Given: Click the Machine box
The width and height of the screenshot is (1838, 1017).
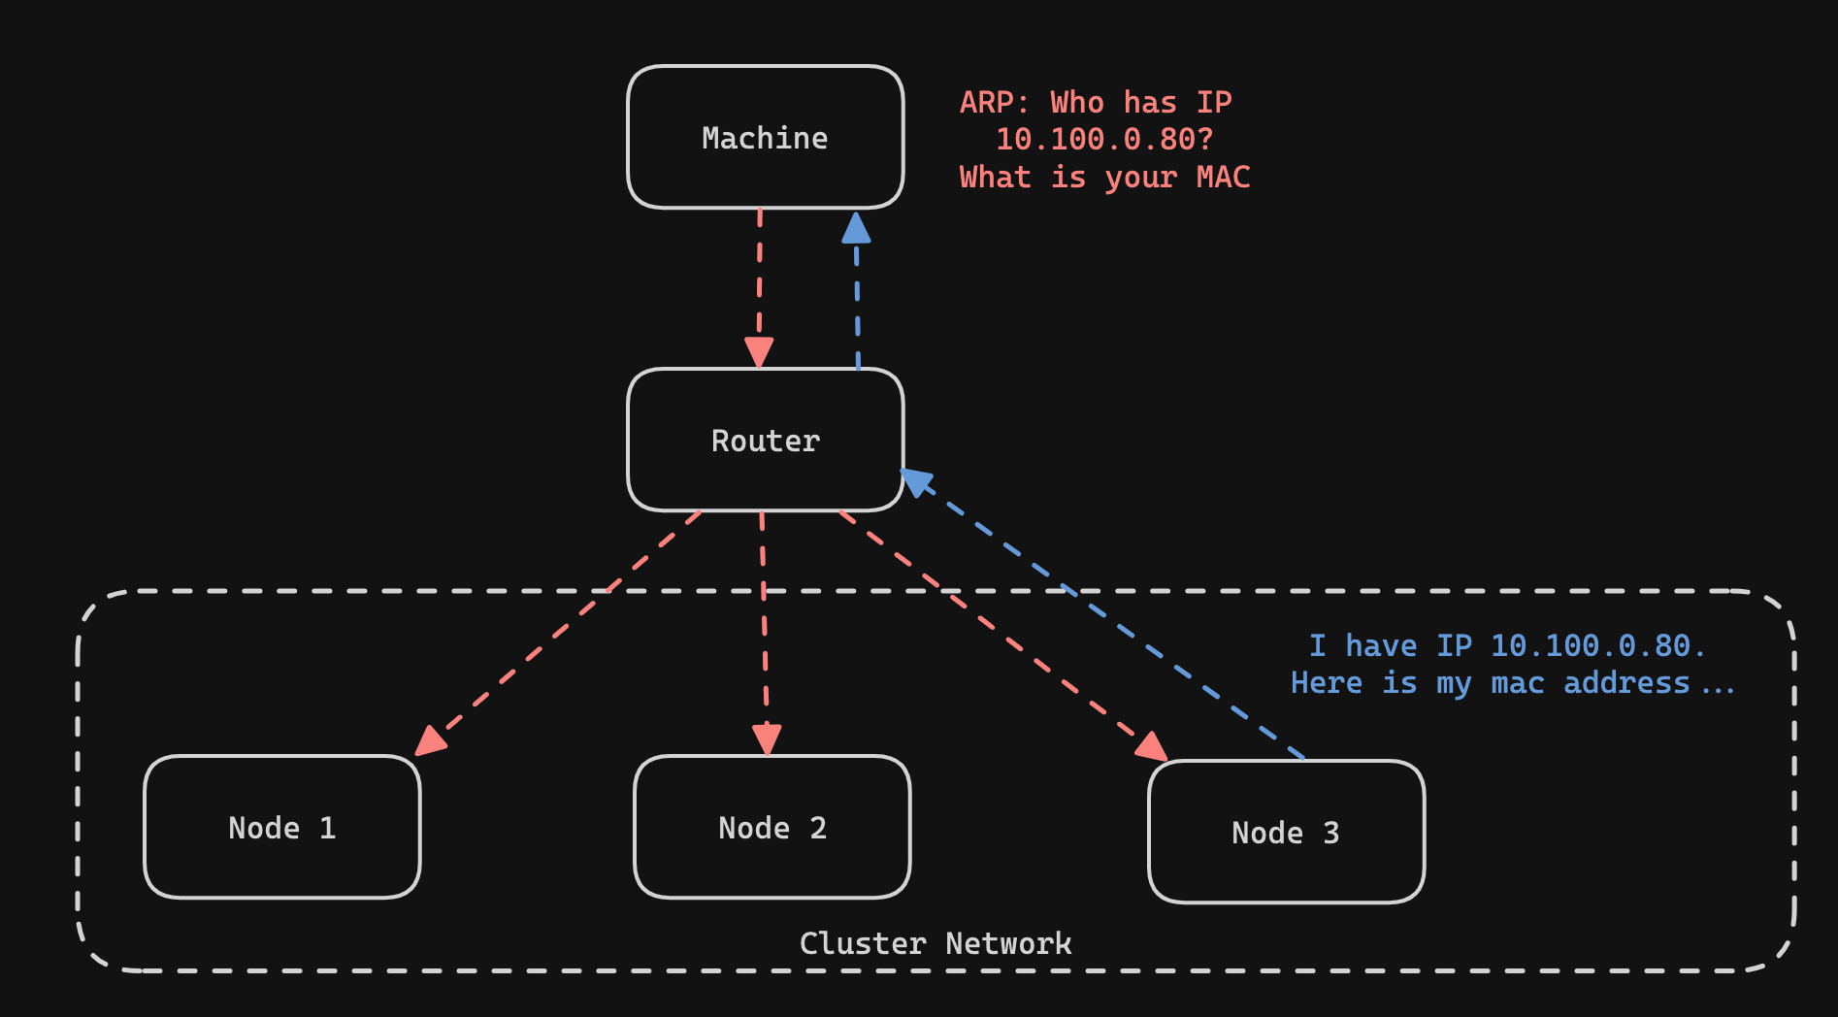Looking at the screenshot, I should [x=765, y=138].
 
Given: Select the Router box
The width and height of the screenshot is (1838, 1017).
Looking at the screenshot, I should [x=765, y=441].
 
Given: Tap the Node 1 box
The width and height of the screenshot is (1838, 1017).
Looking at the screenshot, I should [x=281, y=828].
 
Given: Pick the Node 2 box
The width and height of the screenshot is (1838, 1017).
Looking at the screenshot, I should [x=771, y=828].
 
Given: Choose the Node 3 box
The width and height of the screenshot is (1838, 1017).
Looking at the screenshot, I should [x=1286, y=833].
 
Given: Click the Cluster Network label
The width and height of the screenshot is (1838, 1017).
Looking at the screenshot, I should [x=935, y=943].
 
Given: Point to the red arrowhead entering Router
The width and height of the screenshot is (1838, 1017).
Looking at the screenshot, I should [x=759, y=351].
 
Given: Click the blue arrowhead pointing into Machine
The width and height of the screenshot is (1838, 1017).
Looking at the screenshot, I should [x=856, y=228].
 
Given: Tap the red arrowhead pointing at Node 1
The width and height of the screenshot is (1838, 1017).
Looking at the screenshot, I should [x=430, y=740].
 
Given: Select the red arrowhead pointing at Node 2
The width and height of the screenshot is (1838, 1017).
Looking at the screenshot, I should [x=767, y=739].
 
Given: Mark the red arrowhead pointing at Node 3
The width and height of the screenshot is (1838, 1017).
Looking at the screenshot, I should [x=1151, y=746].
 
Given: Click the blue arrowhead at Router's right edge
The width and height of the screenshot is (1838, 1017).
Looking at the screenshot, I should [x=917, y=480].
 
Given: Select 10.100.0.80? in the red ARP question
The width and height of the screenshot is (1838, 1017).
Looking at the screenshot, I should [x=1104, y=140].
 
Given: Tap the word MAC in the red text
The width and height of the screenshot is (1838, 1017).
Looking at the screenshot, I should [x=1223, y=178].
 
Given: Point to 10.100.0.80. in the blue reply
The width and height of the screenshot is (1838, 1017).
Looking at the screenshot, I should [x=1597, y=646].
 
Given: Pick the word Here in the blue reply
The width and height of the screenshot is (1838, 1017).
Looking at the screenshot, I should [x=1327, y=683].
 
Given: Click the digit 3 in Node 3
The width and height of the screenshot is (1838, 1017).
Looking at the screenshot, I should [x=1331, y=833].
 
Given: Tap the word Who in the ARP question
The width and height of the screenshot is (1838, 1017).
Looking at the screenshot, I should [x=1077, y=103].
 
